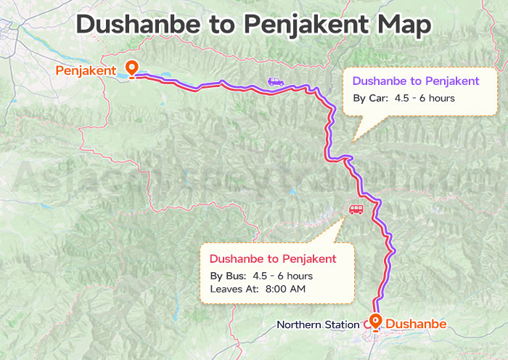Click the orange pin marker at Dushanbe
pos(375,321)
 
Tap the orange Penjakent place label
pos(86,70)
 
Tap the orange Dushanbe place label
pos(416,324)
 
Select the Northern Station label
pos(317,324)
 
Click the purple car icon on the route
pos(276,82)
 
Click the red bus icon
pos(356,210)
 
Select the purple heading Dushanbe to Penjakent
pos(415,81)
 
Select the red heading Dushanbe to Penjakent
pos(272,258)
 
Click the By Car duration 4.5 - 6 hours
pos(425,98)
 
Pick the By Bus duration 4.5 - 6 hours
pos(282,276)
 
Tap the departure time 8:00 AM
pos(285,289)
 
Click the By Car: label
pos(370,98)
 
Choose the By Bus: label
pos(228,276)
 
